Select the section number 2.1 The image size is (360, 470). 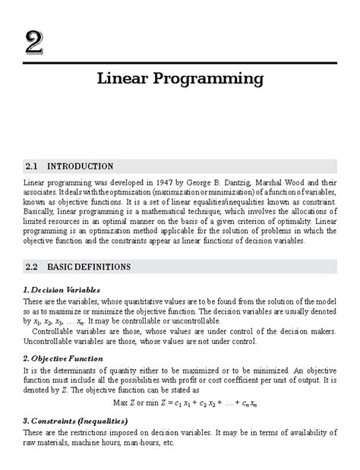pos(31,166)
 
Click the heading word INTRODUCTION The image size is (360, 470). pos(81,166)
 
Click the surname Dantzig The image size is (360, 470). pos(252,183)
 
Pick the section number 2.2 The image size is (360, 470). pos(31,267)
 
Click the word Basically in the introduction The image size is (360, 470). pos(42,213)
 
